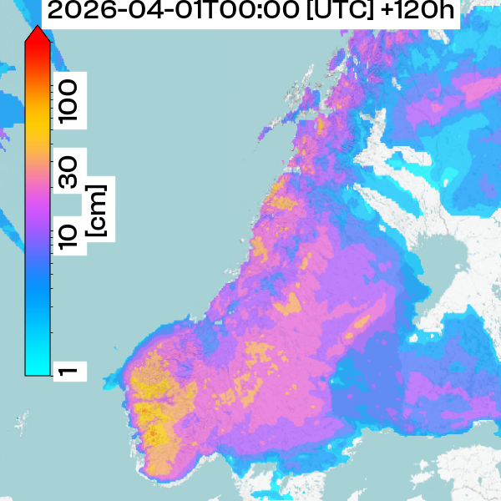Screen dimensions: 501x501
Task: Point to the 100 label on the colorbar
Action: click(x=69, y=98)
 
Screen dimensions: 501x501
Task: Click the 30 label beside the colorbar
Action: click(x=69, y=173)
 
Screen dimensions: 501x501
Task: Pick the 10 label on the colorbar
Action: click(x=69, y=236)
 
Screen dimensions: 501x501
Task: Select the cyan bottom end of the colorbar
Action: click(x=37, y=367)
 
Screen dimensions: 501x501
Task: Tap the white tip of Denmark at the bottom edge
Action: click(x=276, y=488)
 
